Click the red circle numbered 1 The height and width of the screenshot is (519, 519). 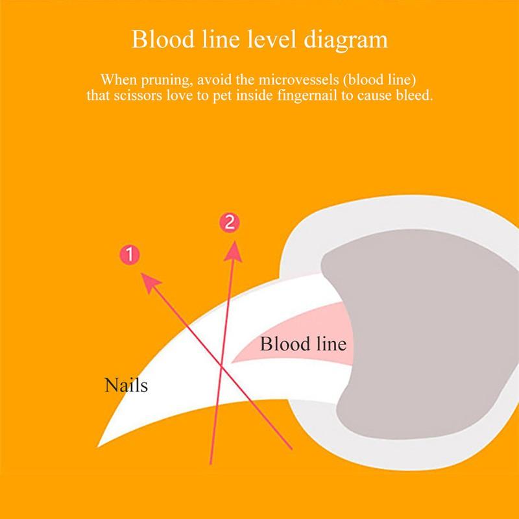pyautogui.click(x=129, y=255)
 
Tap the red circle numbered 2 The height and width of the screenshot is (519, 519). pyautogui.click(x=230, y=223)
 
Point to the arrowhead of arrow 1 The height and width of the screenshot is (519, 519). pyautogui.click(x=150, y=282)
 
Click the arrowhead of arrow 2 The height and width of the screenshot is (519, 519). pyautogui.click(x=234, y=251)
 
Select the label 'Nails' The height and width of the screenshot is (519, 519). pyautogui.click(x=126, y=385)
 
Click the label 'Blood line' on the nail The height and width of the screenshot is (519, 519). pyautogui.click(x=303, y=344)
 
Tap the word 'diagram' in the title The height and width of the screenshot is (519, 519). pyautogui.click(x=346, y=40)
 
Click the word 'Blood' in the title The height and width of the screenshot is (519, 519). pyautogui.click(x=163, y=39)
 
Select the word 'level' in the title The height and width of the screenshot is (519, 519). pyautogui.click(x=271, y=39)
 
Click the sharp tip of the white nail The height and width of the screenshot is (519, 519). pyautogui.click(x=98, y=447)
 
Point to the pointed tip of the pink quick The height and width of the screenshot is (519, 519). pyautogui.click(x=232, y=363)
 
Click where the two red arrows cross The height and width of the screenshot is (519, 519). pyautogui.click(x=221, y=365)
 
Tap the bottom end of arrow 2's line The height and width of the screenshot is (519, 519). pyautogui.click(x=210, y=464)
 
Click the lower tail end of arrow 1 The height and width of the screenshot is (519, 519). pyautogui.click(x=291, y=449)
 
